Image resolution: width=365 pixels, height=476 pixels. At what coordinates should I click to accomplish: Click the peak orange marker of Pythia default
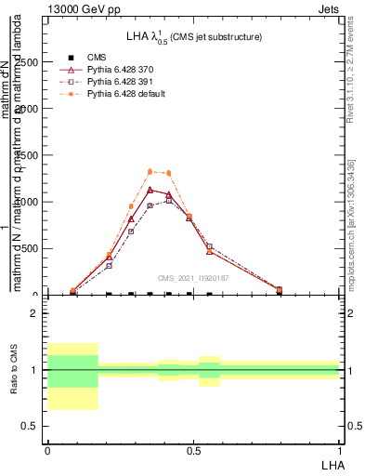coord(150,171)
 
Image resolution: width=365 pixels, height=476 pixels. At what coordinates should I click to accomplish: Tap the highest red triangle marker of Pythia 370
coord(150,190)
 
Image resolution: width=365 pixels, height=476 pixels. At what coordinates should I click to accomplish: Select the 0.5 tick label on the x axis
coord(193,451)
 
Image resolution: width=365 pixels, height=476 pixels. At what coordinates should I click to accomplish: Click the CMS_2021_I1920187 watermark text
coord(192,278)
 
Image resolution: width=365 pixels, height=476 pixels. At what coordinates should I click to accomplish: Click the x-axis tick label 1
coord(339,451)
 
